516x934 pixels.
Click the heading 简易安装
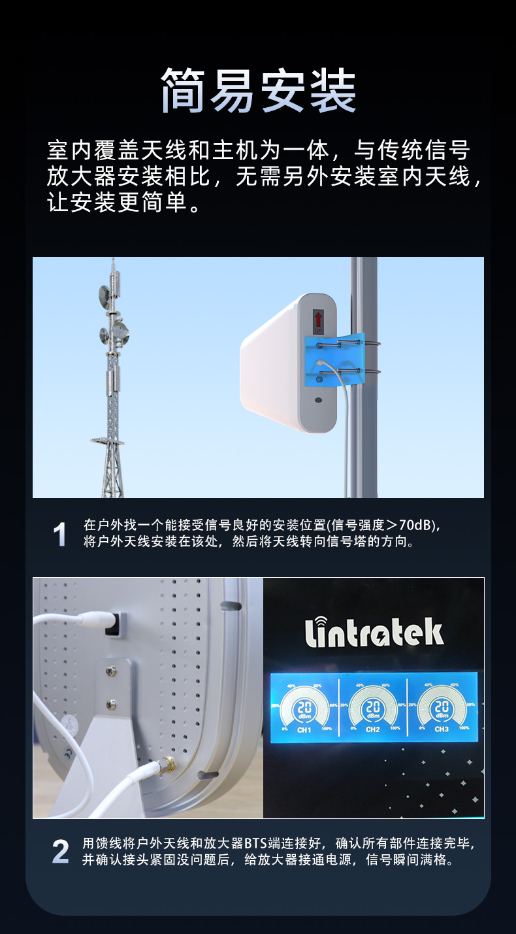258,90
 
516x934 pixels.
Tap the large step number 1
59,535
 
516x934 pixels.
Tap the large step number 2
60,852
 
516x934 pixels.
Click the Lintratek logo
374,632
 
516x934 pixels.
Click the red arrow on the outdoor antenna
319,320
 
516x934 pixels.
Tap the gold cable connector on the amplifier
169,762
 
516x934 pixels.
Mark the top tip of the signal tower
112,260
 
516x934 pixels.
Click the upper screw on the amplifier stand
112,671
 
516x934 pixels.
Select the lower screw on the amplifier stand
112,704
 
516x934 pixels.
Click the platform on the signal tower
107,441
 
